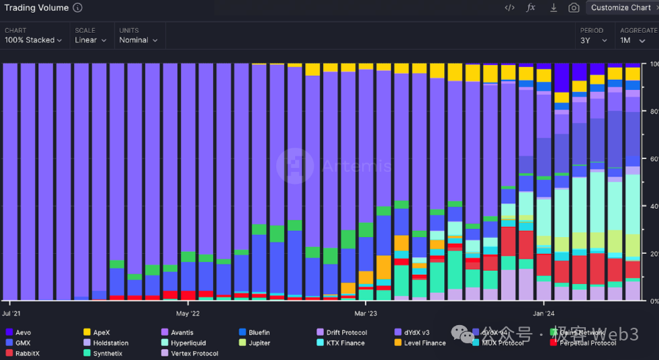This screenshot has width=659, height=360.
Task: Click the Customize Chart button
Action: pyautogui.click(x=621, y=7)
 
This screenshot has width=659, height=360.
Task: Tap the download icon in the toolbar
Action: pyautogui.click(x=554, y=7)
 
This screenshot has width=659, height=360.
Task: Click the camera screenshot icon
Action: pyautogui.click(x=574, y=7)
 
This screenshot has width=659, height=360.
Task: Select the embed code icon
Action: pyautogui.click(x=510, y=7)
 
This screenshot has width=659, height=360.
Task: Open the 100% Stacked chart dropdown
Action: pyautogui.click(x=34, y=40)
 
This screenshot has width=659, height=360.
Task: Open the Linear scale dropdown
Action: pyautogui.click(x=91, y=40)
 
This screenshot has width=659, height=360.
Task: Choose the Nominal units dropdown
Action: pyautogui.click(x=138, y=40)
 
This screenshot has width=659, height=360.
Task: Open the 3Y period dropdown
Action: pyautogui.click(x=594, y=40)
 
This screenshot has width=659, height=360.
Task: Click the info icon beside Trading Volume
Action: pyautogui.click(x=77, y=8)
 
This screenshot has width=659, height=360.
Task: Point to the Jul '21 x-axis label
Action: pyautogui.click(x=11, y=313)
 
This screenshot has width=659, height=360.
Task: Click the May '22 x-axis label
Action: pyautogui.click(x=187, y=313)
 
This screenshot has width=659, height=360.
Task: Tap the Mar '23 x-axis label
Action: pyautogui.click(x=365, y=313)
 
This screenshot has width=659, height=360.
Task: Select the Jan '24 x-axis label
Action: pyautogui.click(x=543, y=313)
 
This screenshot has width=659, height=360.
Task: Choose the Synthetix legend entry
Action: pyautogui.click(x=107, y=353)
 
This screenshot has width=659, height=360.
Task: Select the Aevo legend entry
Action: pyautogui.click(x=23, y=332)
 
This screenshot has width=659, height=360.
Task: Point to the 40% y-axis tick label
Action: pyautogui.click(x=654, y=206)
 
